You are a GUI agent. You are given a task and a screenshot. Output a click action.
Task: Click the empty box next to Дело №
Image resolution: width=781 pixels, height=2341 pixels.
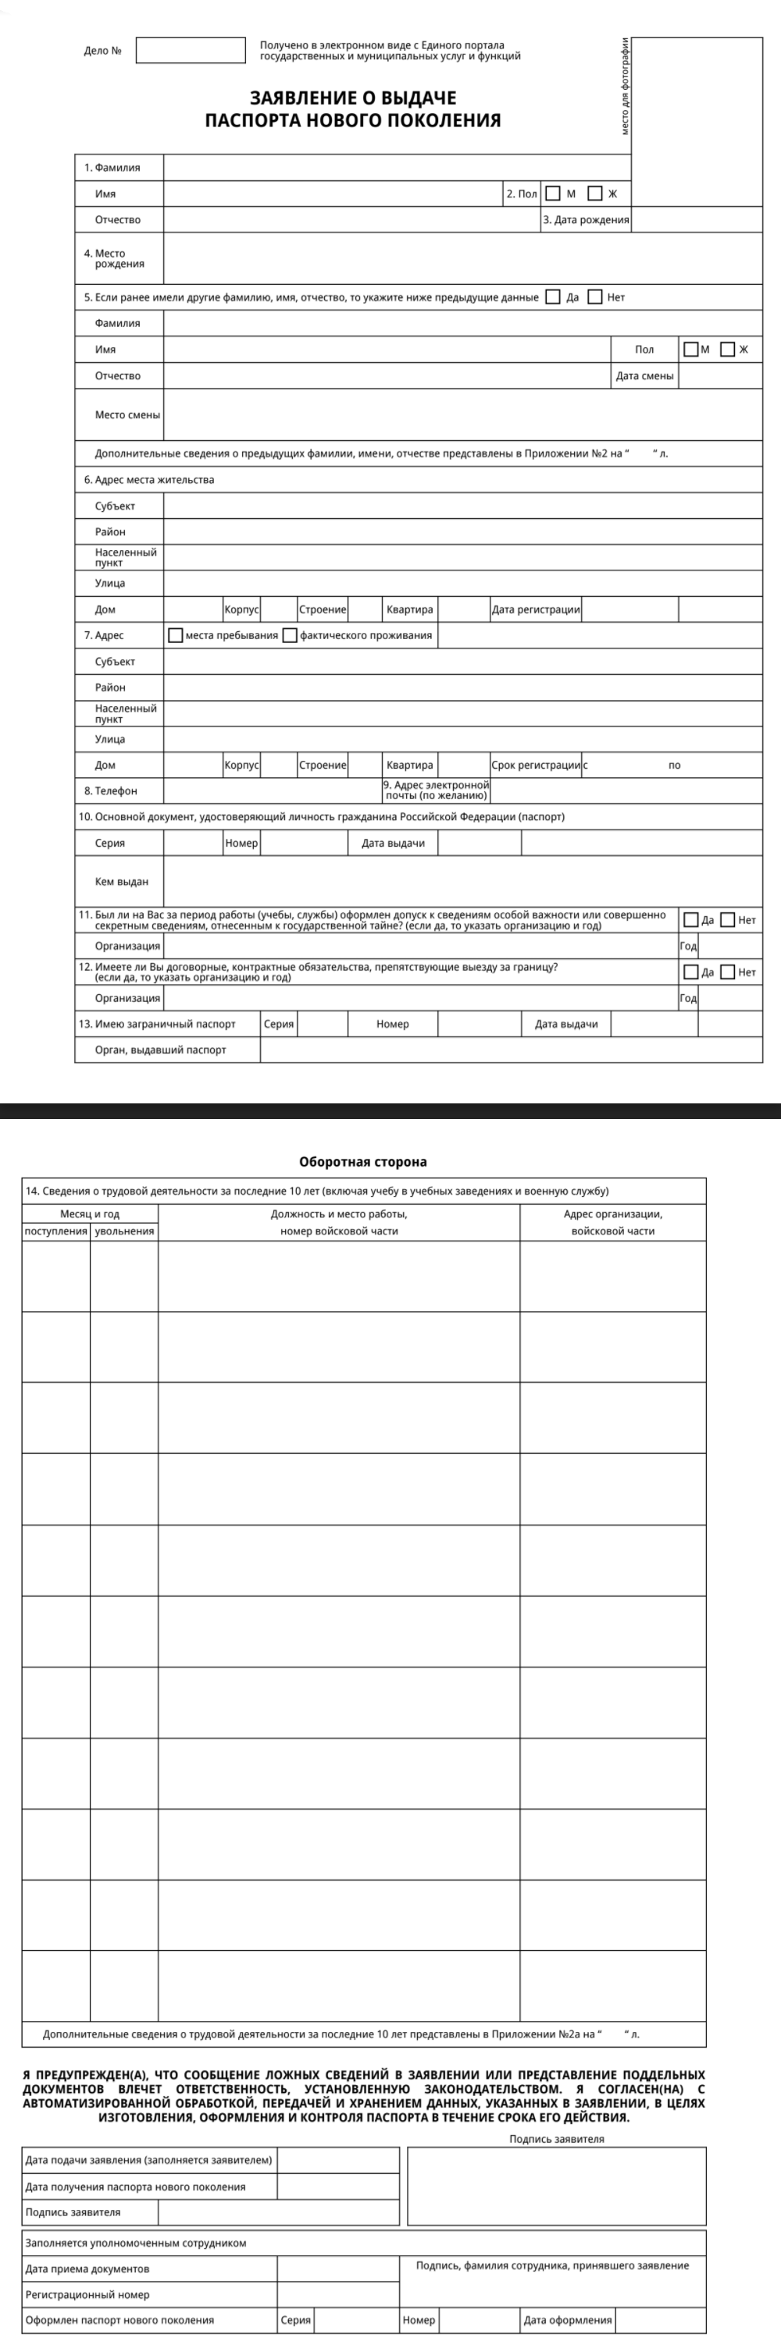click(190, 50)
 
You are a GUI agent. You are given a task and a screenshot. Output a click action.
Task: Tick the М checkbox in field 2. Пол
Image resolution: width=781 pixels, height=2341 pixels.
click(553, 194)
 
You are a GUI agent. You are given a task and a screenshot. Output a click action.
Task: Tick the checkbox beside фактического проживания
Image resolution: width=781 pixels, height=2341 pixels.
click(290, 635)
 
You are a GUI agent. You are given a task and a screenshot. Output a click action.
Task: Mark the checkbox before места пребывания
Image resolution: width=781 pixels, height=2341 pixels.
click(176, 635)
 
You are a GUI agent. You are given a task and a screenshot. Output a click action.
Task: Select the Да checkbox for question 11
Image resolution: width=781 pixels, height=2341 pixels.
click(691, 920)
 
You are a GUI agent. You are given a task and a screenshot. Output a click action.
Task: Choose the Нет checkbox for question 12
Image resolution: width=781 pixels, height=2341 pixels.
click(727, 972)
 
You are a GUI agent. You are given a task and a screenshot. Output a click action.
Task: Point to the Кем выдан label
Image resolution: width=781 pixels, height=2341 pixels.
click(121, 882)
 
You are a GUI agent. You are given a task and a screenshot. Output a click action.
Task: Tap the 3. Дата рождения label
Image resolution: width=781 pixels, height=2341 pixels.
click(586, 220)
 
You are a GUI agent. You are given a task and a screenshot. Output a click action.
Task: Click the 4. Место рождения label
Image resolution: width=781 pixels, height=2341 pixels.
click(114, 259)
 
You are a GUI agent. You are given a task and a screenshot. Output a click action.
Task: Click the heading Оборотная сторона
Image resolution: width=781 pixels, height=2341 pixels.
click(362, 1161)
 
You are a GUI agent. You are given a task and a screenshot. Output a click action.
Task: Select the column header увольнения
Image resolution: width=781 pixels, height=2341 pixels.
click(123, 1231)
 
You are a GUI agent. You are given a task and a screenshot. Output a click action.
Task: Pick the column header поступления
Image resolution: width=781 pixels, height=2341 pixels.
click(56, 1231)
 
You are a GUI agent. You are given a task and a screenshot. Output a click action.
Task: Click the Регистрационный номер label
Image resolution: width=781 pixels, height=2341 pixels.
click(87, 2295)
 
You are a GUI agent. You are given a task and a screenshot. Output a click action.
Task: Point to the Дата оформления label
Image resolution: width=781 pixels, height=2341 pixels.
click(567, 2320)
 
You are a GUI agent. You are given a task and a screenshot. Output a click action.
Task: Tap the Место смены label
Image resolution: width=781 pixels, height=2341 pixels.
click(127, 414)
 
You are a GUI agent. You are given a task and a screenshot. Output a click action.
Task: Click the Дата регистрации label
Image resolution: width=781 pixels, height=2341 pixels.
click(536, 609)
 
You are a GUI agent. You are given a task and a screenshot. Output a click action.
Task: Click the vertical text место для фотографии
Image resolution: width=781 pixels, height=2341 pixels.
click(626, 87)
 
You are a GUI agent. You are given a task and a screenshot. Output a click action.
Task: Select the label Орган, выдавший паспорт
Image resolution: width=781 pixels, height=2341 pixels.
click(161, 1050)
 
